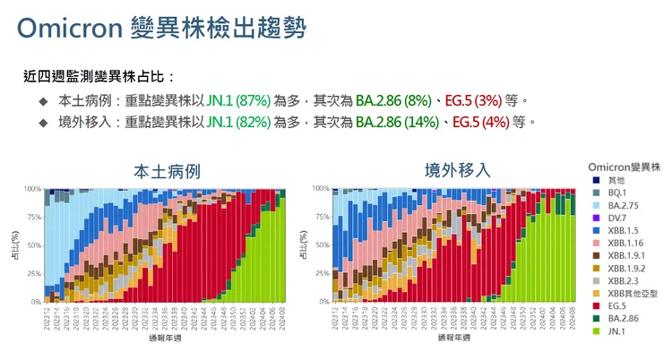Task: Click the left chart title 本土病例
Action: tap(167, 171)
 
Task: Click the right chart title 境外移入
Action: tap(458, 169)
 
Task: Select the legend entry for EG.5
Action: tap(619, 306)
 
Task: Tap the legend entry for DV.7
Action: tap(618, 218)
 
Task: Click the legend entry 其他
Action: tap(616, 180)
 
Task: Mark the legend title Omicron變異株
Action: tap(625, 167)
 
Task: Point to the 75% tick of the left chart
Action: tap(33, 217)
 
